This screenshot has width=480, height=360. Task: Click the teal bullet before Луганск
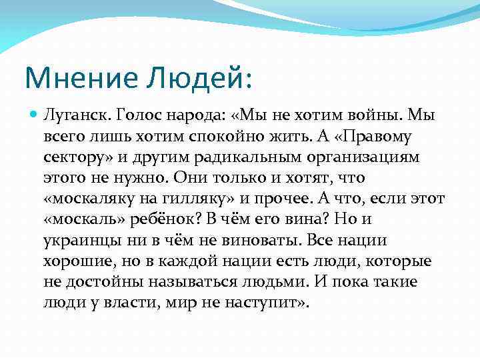click(35, 115)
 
